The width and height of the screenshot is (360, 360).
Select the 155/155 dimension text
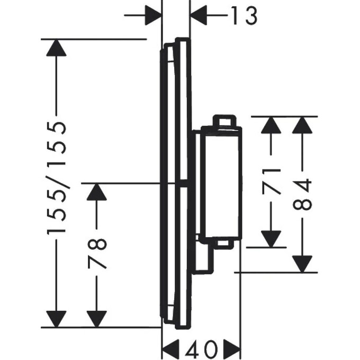coord(57,178)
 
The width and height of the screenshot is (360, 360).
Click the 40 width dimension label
coord(202,349)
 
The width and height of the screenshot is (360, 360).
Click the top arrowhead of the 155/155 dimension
coord(56,48)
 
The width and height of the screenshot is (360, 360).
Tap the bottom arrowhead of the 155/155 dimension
coord(56,318)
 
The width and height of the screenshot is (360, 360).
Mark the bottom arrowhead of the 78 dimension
coord(96,318)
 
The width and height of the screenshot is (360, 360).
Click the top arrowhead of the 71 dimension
coord(271,125)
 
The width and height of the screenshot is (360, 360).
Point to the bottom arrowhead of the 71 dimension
coord(271,238)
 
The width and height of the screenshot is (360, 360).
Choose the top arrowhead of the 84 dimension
coord(302,125)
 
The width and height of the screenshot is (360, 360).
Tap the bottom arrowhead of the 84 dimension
coord(302,263)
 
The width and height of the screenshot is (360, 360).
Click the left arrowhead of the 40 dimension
coord(170,349)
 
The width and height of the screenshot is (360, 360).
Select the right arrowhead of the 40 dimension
coord(231,349)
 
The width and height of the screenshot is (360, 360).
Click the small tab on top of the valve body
coord(222,121)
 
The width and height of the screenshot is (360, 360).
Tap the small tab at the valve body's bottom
coord(223,244)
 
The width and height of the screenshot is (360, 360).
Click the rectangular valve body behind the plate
coord(220,183)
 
